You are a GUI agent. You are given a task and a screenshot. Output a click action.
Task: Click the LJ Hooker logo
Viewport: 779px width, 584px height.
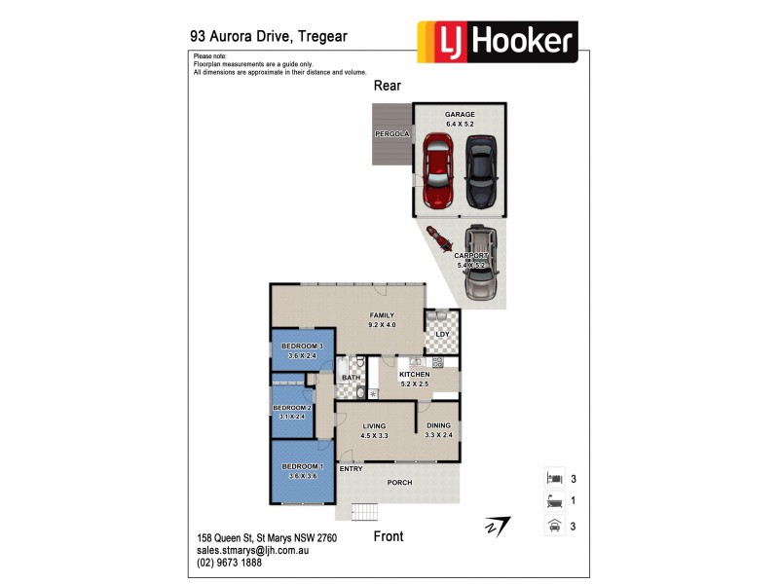(x=497, y=42)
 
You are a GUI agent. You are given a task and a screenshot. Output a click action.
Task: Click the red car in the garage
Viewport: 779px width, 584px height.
(x=438, y=171)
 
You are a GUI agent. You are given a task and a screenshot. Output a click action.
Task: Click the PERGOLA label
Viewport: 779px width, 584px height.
(x=392, y=133)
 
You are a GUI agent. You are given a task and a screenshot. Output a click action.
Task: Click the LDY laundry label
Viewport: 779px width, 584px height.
(x=442, y=335)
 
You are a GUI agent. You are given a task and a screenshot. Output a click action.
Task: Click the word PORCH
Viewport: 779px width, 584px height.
(x=400, y=483)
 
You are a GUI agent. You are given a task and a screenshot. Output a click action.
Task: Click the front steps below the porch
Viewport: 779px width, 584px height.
(x=365, y=511)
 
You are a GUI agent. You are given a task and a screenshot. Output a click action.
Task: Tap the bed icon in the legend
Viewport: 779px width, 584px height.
(x=552, y=478)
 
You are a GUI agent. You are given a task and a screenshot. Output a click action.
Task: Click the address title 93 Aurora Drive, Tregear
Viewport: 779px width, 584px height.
(x=268, y=36)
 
